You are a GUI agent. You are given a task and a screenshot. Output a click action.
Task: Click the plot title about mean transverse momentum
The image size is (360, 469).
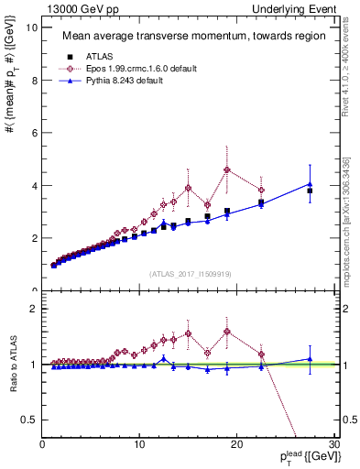click(x=192, y=38)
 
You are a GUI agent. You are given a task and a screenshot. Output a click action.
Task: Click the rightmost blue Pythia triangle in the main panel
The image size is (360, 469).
click(x=310, y=184)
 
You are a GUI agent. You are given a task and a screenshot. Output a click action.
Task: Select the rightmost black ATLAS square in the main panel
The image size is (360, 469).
click(x=310, y=191)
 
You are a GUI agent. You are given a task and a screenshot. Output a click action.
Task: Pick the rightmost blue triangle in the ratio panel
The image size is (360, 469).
click(x=310, y=359)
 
